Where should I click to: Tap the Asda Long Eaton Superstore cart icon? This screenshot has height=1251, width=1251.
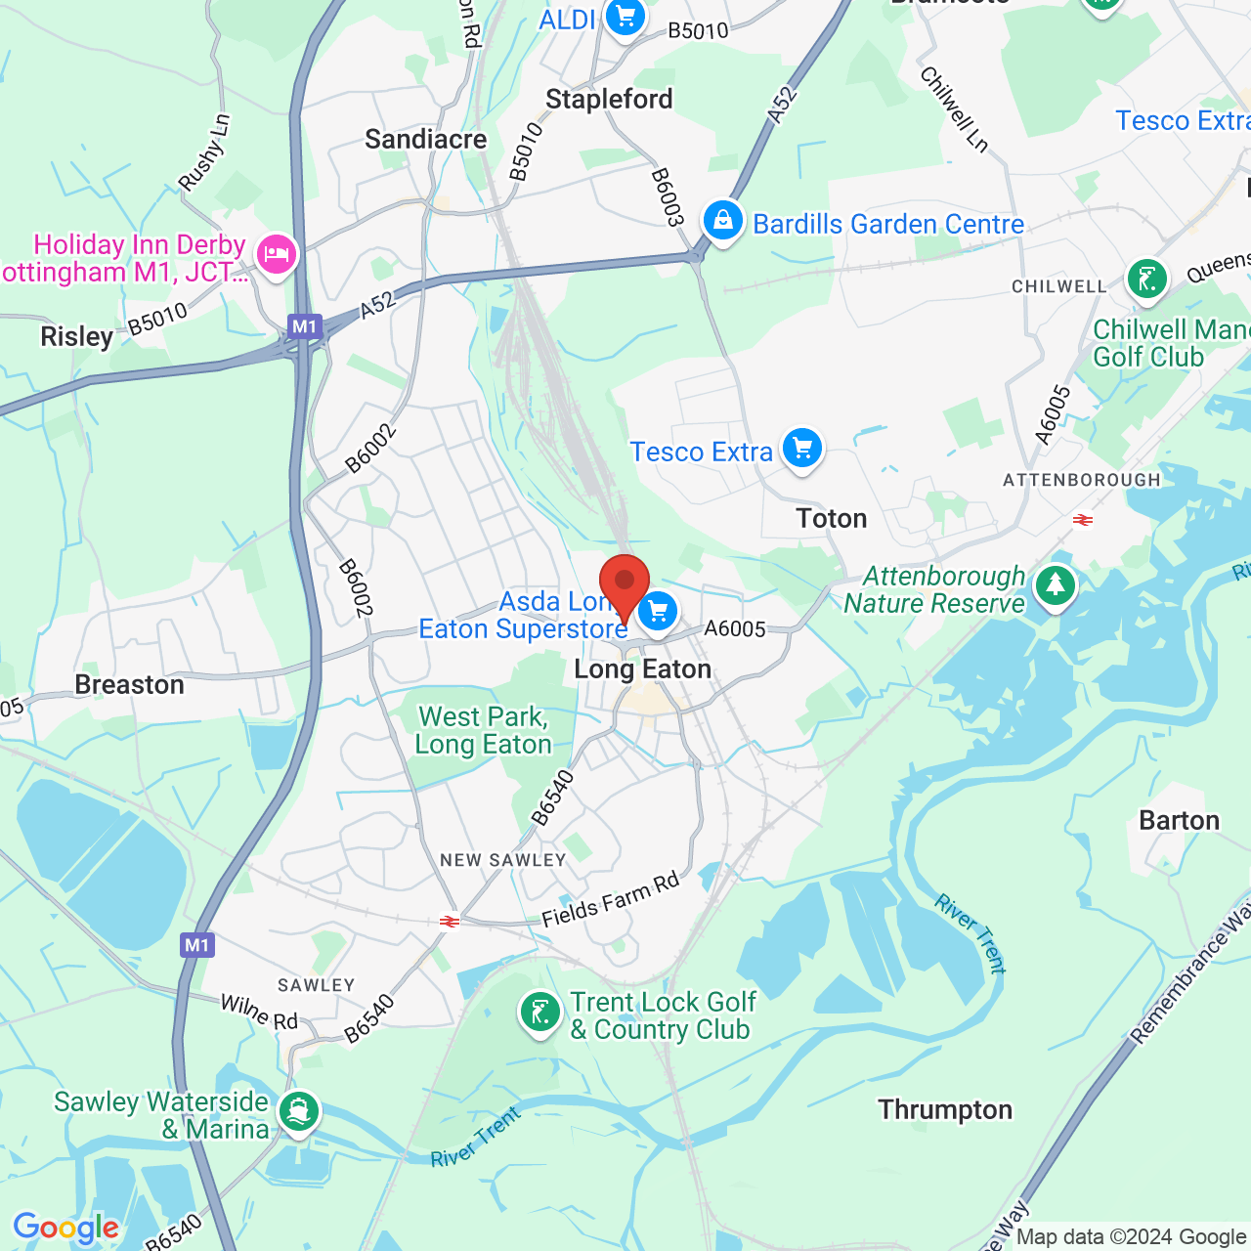click(x=658, y=613)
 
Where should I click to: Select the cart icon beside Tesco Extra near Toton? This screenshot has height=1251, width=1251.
click(x=802, y=449)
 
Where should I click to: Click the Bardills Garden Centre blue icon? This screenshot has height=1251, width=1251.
click(x=723, y=221)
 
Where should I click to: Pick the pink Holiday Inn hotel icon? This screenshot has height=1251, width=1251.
click(x=277, y=255)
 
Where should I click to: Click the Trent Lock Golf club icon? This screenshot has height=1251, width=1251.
click(x=540, y=1013)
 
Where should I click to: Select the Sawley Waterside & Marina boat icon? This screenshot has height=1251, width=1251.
click(x=298, y=1112)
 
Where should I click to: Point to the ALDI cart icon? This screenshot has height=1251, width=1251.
click(x=625, y=18)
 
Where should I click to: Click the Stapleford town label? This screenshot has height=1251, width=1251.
click(x=609, y=99)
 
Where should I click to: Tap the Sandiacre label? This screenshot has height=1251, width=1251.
click(x=426, y=139)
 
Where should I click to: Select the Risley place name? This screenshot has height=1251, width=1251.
click(x=76, y=336)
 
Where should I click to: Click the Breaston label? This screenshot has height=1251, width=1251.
click(x=130, y=684)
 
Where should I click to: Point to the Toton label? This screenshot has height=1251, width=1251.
click(x=832, y=518)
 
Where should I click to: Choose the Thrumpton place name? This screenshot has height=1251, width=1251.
click(x=945, y=1109)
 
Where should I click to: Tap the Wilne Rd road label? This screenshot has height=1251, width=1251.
click(x=259, y=1013)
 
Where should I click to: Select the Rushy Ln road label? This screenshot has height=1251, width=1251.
click(x=204, y=152)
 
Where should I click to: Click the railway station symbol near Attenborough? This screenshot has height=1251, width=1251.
click(x=1083, y=520)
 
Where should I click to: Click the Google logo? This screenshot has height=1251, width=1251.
click(x=65, y=1228)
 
